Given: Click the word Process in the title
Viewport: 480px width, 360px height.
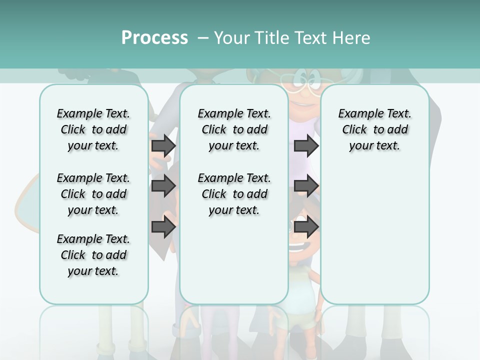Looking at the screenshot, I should click(x=154, y=38).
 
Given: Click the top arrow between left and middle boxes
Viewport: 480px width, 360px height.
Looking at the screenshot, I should click(x=163, y=145).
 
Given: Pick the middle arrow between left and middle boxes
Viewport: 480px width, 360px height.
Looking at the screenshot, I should click(x=163, y=186).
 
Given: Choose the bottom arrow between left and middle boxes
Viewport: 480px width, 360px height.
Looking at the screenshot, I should click(x=163, y=227).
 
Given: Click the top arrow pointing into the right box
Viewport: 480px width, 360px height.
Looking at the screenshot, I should click(x=305, y=145).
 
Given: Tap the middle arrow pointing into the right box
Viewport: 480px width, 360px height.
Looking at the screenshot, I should click(x=305, y=186).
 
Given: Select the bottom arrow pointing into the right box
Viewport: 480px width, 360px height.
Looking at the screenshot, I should click(x=305, y=227).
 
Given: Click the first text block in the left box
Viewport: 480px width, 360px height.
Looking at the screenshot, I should click(x=93, y=129).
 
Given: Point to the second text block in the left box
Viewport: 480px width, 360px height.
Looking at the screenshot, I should click(x=93, y=194).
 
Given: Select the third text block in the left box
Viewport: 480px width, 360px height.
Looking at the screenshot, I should click(x=93, y=255).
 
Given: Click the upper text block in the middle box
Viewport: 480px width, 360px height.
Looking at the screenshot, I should click(x=234, y=129).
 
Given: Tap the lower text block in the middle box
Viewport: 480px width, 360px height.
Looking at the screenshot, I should click(x=234, y=194).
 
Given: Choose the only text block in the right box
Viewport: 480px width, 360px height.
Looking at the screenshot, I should click(x=374, y=129).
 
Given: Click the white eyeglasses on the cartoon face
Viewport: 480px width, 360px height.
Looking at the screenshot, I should click(x=298, y=85).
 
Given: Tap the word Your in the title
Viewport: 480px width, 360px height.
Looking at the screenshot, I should click(x=232, y=38).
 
